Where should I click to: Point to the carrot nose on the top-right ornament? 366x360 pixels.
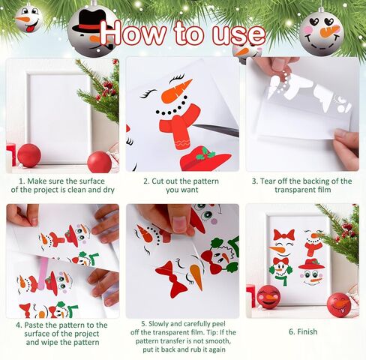tap(328, 32)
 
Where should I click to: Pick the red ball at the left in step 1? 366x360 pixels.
tap(29, 155)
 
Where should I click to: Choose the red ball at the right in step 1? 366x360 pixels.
tap(99, 161)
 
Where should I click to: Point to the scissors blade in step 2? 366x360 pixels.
tap(217, 130)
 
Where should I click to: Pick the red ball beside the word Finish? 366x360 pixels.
tap(337, 304)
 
